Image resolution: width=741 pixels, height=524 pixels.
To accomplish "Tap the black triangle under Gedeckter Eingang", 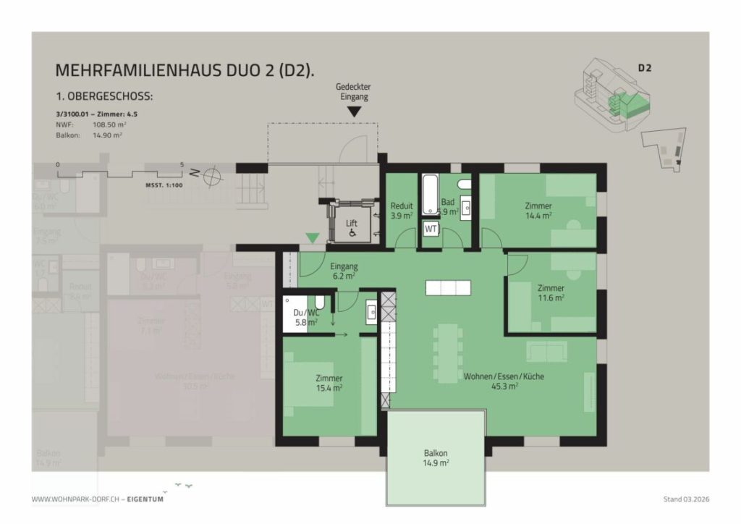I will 354,112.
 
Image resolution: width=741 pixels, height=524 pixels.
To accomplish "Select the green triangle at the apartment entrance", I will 312,237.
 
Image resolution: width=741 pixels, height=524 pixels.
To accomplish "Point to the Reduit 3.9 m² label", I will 401,211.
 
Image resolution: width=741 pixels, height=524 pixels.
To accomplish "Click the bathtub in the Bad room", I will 431,194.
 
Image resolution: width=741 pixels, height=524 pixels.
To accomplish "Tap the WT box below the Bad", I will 431,229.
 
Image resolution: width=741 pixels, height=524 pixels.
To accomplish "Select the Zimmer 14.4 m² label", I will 538,211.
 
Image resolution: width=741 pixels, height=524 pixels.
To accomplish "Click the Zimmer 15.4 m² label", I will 329,383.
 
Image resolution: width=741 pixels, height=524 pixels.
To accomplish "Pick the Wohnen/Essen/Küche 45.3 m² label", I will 504,381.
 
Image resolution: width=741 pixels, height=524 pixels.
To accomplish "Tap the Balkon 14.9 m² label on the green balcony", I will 436,458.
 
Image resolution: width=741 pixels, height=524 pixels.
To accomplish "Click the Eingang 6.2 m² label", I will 344,271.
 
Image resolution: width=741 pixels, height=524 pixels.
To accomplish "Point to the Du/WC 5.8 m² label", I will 305,318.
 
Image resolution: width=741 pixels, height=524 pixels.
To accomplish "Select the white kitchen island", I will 448,287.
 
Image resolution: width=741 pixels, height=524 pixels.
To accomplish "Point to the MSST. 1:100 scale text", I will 164,185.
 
